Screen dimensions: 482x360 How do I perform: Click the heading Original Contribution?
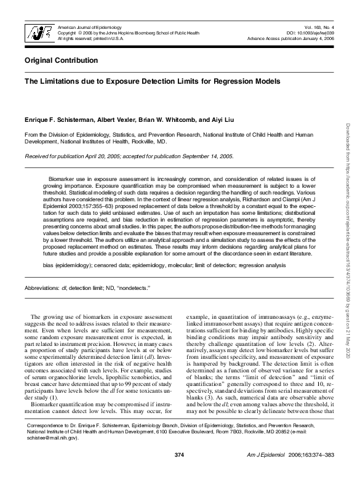tap(61, 60)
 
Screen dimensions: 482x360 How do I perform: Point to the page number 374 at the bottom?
tap(179, 472)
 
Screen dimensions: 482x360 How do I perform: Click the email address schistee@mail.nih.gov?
tap(52, 456)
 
